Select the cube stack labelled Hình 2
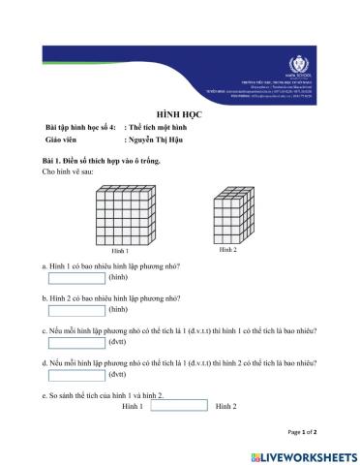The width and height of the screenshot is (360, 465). pyautogui.click(x=232, y=215)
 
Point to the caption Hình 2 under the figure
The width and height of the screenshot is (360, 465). pyautogui.click(x=227, y=250)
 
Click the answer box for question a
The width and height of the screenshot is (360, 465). pyautogui.click(x=75, y=277)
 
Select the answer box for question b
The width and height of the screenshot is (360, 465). pyautogui.click(x=75, y=310)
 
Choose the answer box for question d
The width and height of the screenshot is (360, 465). pyautogui.click(x=75, y=374)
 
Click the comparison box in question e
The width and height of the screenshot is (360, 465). pyautogui.click(x=180, y=406)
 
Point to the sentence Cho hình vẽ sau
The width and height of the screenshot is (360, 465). pyautogui.click(x=68, y=170)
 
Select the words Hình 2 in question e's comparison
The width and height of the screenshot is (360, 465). pyautogui.click(x=226, y=406)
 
